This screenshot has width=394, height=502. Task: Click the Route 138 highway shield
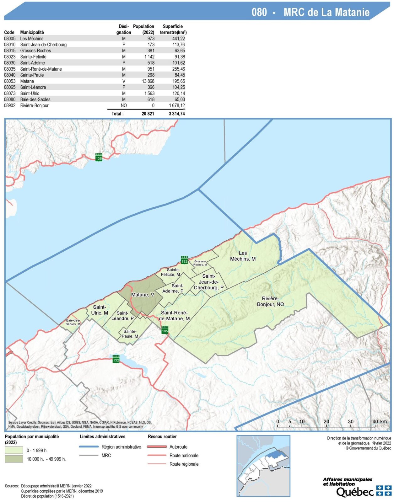[x=99, y=157]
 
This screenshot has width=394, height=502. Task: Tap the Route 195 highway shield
[x=165, y=329]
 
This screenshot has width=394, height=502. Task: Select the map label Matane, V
[x=143, y=295]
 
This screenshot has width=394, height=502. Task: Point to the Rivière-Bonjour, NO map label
[x=270, y=301]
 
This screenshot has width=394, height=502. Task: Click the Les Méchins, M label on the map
[x=243, y=256]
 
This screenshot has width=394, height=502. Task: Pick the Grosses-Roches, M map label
[x=200, y=263]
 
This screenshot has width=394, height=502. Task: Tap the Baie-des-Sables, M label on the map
[x=73, y=322]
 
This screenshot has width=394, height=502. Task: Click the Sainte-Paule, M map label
[x=130, y=334]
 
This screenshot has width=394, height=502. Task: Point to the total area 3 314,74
[x=177, y=114]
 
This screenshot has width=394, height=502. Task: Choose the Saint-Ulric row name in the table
[x=30, y=93]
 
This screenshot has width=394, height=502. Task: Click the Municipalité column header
[x=32, y=32]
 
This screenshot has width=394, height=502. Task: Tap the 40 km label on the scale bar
[x=379, y=421]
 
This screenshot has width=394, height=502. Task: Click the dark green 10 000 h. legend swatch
[x=14, y=459]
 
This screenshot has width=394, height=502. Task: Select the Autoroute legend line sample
[x=157, y=447]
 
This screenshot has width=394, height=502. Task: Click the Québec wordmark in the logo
[x=355, y=492]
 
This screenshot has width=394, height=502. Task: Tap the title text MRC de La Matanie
[x=326, y=12]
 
